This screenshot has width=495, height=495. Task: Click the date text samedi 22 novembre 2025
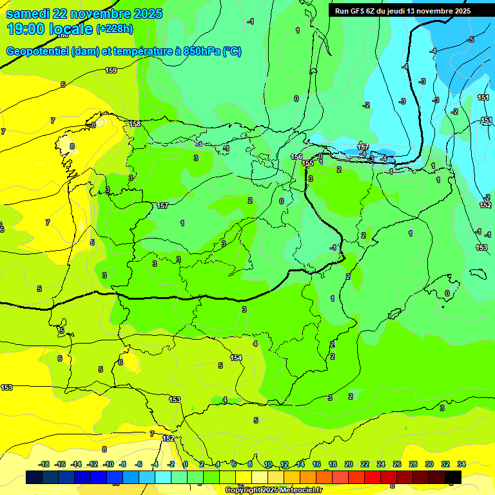[84, 14]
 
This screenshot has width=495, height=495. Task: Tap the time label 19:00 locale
[50, 29]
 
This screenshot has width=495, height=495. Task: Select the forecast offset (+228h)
[115, 29]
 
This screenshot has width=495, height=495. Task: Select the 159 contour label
[111, 70]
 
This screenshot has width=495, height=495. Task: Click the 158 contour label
[135, 124]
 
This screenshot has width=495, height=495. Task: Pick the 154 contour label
[236, 358]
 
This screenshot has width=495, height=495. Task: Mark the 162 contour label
[168, 438]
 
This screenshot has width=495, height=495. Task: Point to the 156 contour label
[296, 157]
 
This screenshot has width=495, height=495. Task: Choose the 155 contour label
[308, 164]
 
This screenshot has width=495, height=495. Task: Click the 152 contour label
[485, 205]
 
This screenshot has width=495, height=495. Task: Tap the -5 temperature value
[471, 40]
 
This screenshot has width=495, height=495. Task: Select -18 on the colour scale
[44, 464]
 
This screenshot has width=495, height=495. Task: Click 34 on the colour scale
[461, 464]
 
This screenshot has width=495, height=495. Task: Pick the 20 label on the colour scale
[349, 464]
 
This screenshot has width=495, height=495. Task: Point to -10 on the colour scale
[107, 464]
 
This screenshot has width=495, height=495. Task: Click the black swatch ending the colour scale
[453, 478]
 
